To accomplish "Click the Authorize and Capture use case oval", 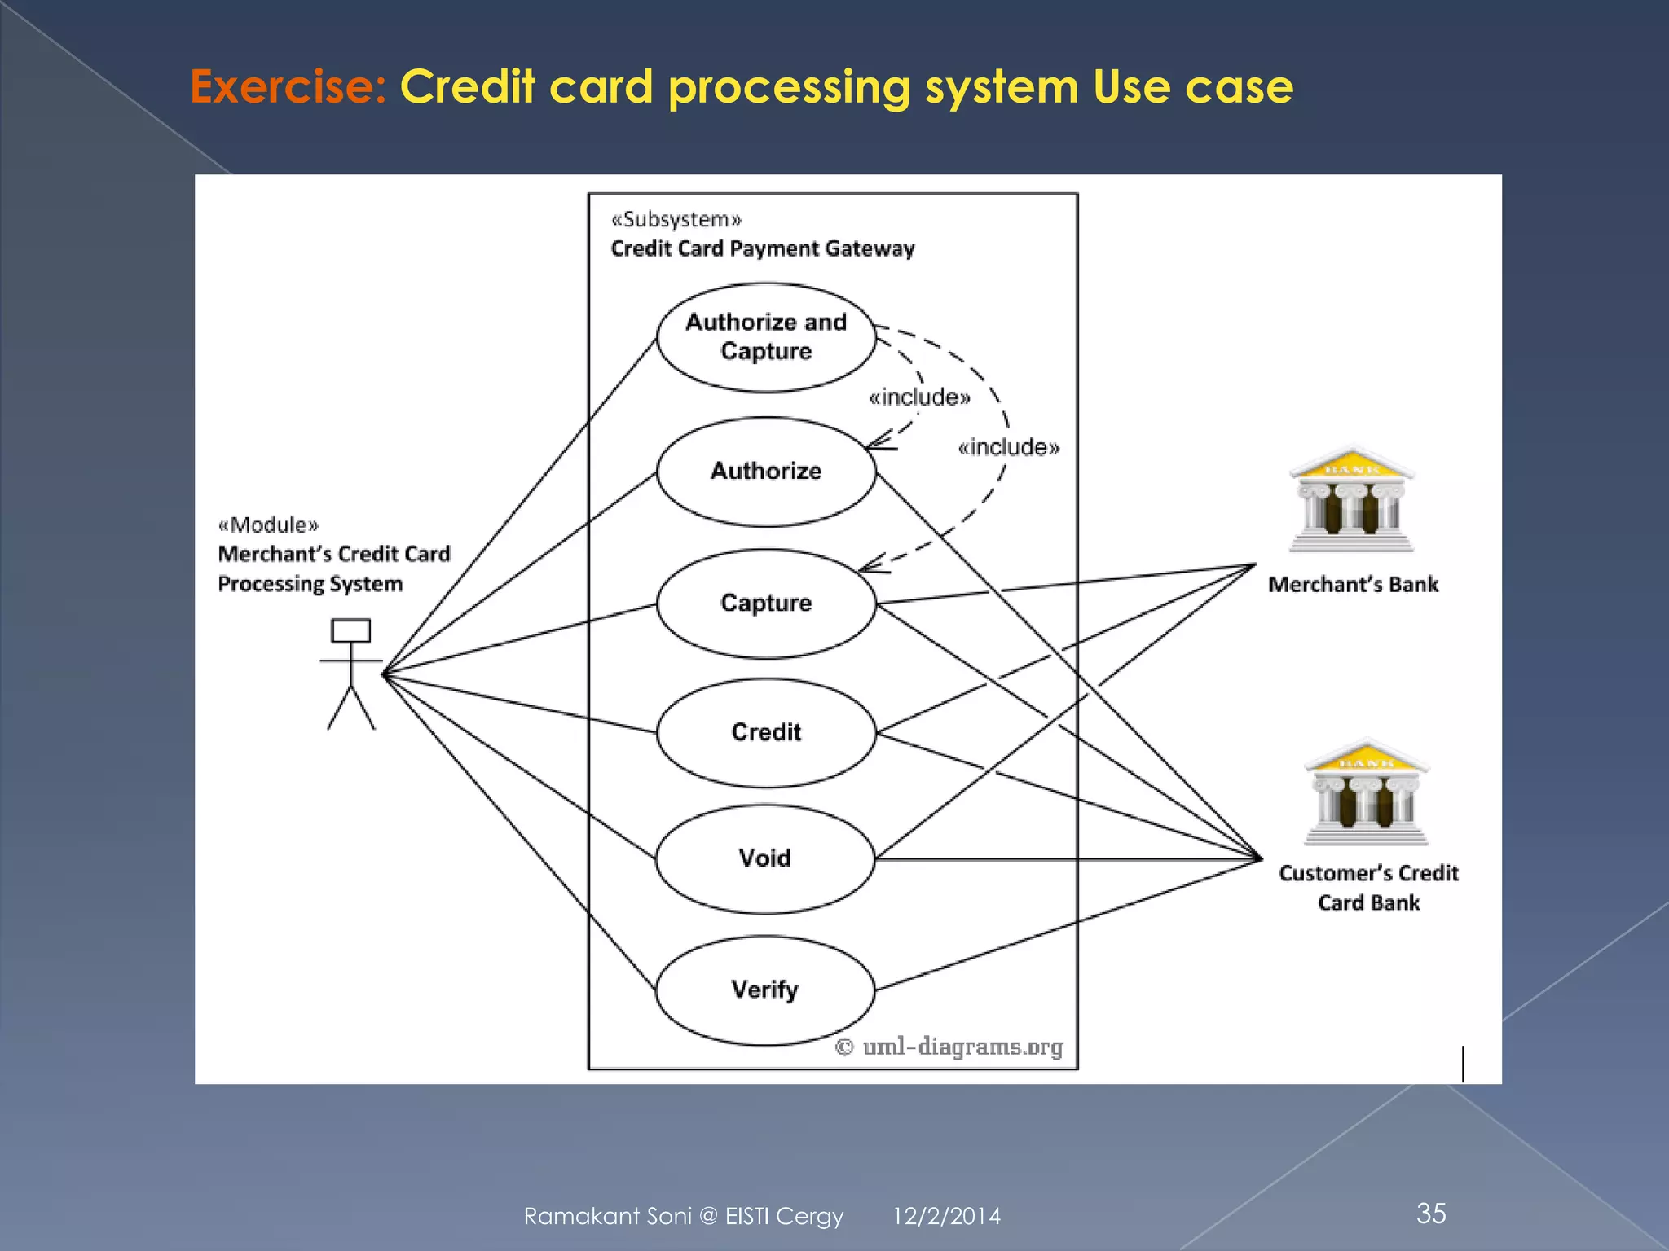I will point(766,337).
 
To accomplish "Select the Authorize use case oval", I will point(766,472).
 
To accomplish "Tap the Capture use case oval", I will point(766,604).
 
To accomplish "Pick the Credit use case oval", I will point(766,732).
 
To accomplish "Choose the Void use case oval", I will point(764,858).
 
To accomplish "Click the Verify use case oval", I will point(764,990).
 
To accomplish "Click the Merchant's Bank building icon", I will point(1352,501).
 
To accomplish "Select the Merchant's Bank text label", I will point(1353,585).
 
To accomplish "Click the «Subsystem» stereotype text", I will point(676,220).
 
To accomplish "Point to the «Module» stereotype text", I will point(268,525).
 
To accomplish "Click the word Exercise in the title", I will point(288,86).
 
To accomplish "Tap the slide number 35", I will point(1431,1214).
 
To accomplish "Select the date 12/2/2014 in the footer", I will point(946,1217).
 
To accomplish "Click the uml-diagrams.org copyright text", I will point(950,1047).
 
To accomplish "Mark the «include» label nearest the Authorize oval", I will point(919,397).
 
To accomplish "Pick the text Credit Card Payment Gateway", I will point(763,249).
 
